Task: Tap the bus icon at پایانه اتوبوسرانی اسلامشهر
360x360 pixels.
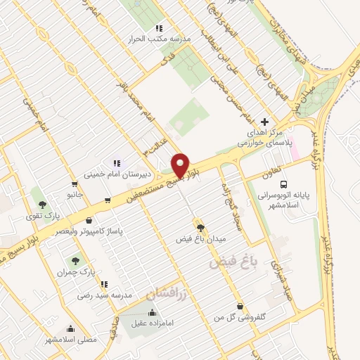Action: [283, 184]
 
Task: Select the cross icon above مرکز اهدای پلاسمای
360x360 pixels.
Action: [264, 122]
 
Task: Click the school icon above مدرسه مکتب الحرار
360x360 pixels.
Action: [159, 28]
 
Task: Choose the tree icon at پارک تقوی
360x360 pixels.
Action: [43, 204]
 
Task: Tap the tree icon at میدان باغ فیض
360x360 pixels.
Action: [202, 227]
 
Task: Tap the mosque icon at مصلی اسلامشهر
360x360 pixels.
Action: [71, 328]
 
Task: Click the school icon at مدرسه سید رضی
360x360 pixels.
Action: [104, 285]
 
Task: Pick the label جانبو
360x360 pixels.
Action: [75, 193]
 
